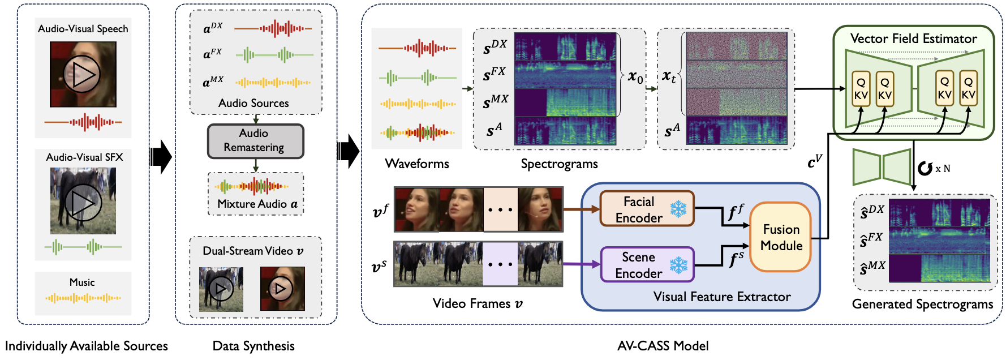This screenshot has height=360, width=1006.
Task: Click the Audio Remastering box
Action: [255, 141]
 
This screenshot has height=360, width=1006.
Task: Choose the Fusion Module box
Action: [781, 237]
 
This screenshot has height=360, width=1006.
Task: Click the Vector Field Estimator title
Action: [913, 38]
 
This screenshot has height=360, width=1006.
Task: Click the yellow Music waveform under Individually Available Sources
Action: [83, 298]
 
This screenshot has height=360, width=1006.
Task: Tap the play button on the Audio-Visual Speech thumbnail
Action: [81, 74]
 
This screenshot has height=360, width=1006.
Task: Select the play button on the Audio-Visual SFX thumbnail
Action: [83, 202]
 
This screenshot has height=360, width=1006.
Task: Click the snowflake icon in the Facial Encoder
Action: [678, 209]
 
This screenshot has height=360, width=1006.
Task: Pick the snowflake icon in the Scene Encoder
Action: [678, 265]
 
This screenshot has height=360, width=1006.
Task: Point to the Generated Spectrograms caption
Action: [922, 304]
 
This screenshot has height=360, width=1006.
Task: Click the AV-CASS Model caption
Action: [663, 346]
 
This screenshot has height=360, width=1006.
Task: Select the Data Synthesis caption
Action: [253, 346]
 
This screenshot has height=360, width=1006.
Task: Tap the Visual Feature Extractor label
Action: [721, 297]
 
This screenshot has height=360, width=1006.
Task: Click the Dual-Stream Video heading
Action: [253, 251]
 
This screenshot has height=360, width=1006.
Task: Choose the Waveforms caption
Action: [417, 164]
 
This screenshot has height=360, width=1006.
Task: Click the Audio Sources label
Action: [253, 103]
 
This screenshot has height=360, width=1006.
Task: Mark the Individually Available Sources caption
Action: [87, 346]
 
